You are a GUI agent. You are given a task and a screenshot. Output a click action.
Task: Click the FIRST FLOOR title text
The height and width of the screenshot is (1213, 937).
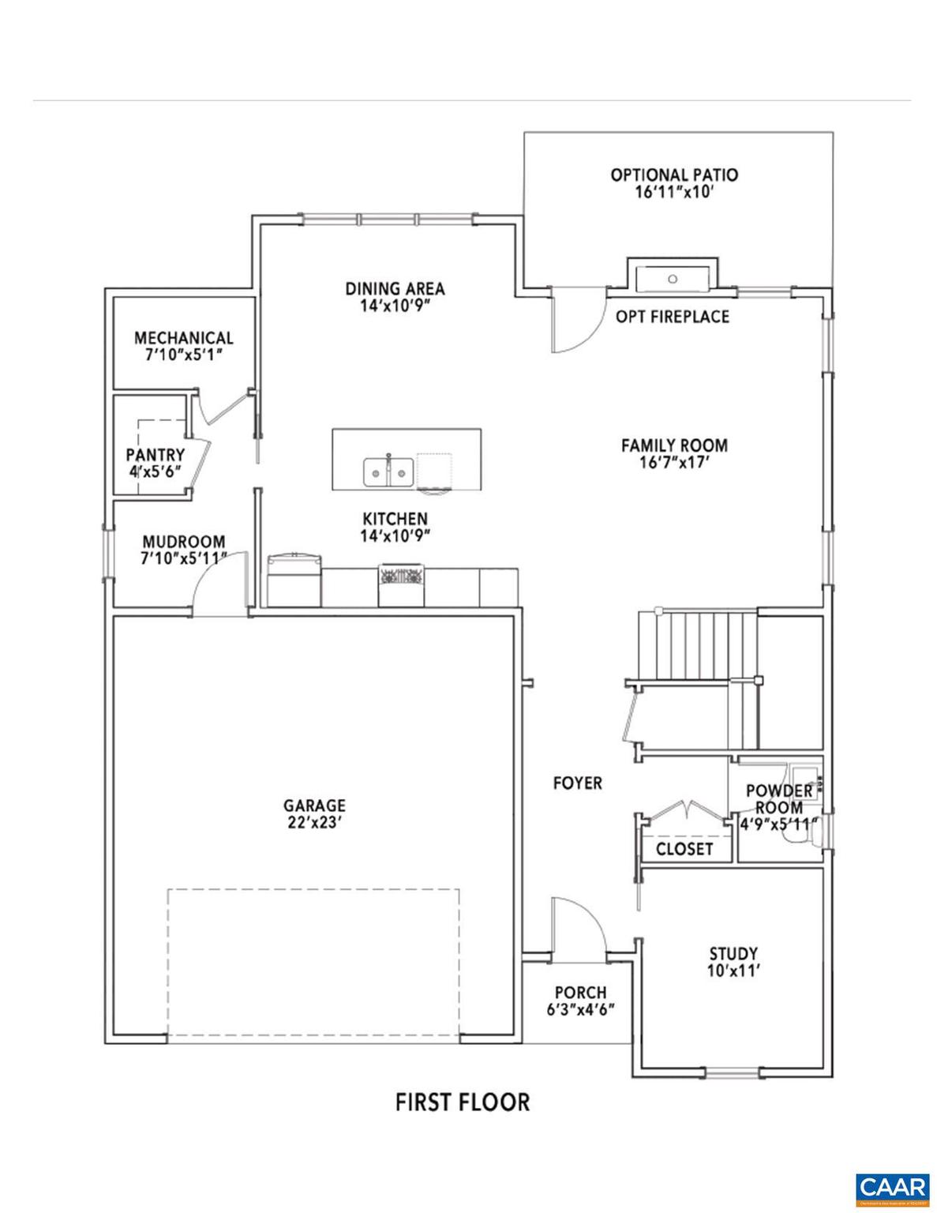[x=462, y=1102]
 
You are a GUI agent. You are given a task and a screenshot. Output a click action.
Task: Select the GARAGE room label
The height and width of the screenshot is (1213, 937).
[x=314, y=806]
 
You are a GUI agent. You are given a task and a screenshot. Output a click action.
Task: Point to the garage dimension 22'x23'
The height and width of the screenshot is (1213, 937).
[x=314, y=822]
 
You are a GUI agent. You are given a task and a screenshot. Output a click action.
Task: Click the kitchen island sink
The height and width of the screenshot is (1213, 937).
[x=388, y=471]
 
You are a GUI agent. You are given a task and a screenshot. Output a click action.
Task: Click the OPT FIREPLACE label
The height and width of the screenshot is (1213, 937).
[x=672, y=317]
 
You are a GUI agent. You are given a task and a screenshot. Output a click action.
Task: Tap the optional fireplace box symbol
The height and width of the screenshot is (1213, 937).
[x=673, y=276]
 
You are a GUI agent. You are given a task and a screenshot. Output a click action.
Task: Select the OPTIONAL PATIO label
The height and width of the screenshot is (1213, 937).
[x=674, y=175]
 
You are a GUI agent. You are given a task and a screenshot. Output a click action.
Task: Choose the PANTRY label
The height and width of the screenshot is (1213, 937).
[x=155, y=455]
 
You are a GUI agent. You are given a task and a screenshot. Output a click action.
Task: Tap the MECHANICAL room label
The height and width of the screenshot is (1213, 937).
[x=183, y=338]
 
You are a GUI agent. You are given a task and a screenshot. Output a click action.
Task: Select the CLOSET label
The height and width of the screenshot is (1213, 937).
[x=684, y=849]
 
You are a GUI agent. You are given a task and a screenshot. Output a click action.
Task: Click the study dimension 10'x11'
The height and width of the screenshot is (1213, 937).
[x=733, y=971]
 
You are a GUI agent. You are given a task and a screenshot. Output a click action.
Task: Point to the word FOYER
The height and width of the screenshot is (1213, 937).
[x=577, y=783]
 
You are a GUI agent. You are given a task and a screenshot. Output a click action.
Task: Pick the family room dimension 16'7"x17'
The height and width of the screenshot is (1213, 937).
[x=673, y=463]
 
